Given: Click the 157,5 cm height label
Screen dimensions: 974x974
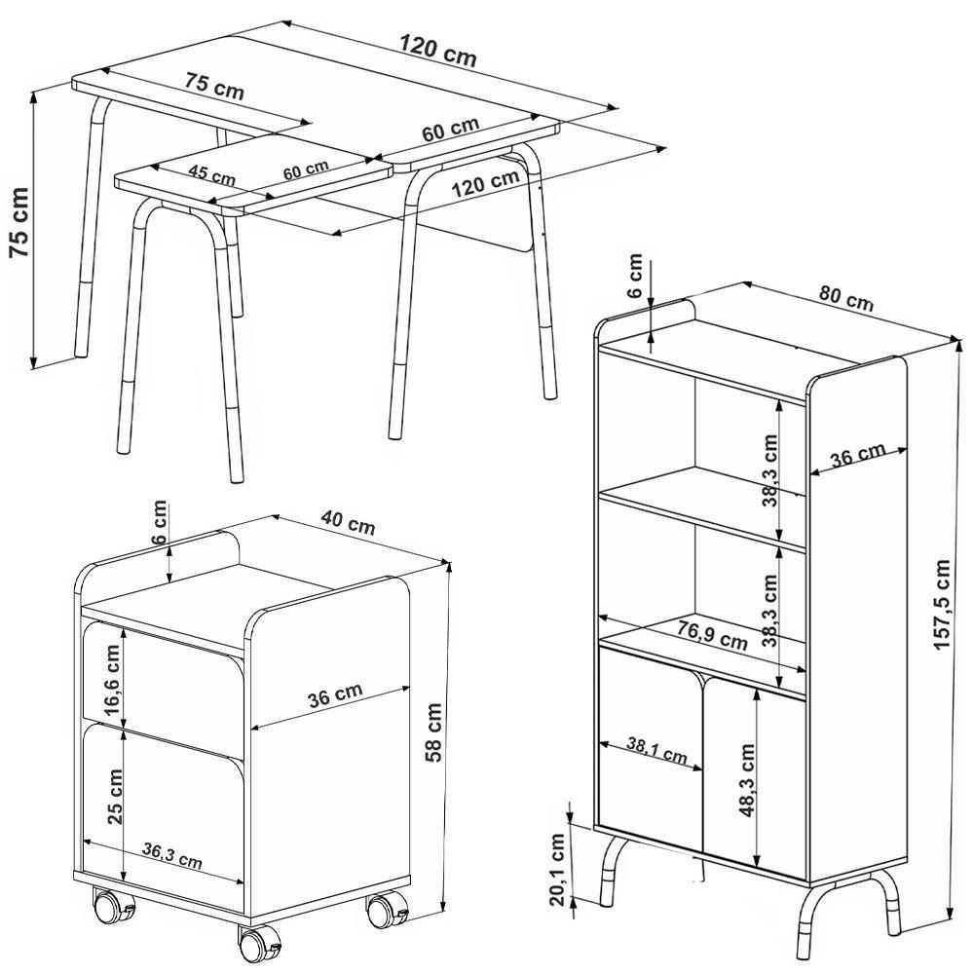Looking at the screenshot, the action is click(943, 605).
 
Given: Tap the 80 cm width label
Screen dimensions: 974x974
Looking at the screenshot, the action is click(845, 298).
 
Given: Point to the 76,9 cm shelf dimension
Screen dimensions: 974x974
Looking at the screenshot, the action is click(712, 637).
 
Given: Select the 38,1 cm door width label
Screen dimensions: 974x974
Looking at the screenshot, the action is click(656, 751).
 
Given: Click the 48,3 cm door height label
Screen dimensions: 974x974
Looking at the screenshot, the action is click(746, 780).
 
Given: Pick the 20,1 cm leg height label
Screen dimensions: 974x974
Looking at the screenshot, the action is click(558, 870).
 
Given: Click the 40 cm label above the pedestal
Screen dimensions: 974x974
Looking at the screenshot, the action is click(348, 522).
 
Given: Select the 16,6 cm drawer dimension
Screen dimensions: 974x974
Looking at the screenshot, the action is click(113, 680).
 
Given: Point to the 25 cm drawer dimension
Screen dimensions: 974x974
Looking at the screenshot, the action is click(116, 797).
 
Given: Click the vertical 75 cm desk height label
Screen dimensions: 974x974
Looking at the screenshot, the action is click(19, 222).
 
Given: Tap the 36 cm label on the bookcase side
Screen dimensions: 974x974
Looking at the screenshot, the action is click(858, 455).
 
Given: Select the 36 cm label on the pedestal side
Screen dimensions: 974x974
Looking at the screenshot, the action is click(335, 695).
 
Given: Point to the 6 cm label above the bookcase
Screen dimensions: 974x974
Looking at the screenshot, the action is click(634, 276).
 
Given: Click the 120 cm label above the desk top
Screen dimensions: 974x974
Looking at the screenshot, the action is click(438, 51).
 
